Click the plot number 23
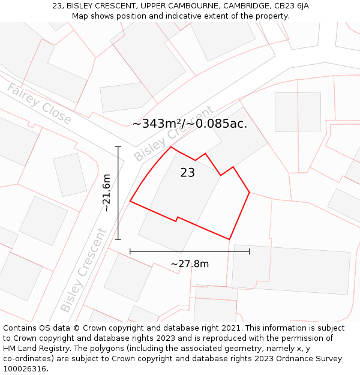pyautogui.click(x=187, y=173)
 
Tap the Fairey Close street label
pyautogui.click(x=39, y=104)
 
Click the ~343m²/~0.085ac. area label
pyautogui.click(x=190, y=124)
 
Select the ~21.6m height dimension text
pyautogui.click(x=106, y=193)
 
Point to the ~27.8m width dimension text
pyautogui.click(x=190, y=264)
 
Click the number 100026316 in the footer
pyautogui.click(x=26, y=368)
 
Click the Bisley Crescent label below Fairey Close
pyautogui.click(x=83, y=271)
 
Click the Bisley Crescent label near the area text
pyautogui.click(x=173, y=134)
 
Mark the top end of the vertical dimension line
pyautogui.click(x=118, y=146)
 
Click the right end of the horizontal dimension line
pyautogui.click(x=249, y=251)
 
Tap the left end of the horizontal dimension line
pyautogui.click(x=130, y=251)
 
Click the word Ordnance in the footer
pyautogui.click(x=298, y=358)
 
